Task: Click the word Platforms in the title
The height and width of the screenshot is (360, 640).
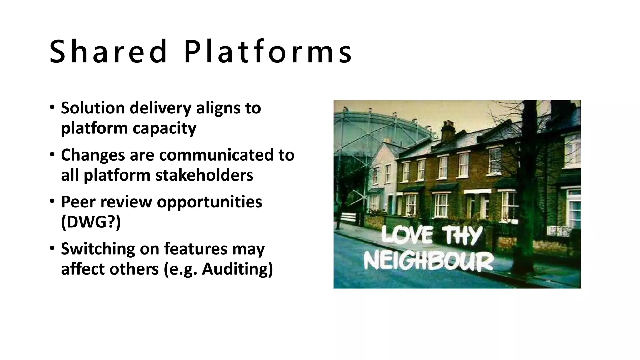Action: (x=268, y=52)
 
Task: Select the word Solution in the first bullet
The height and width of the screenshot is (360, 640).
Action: (x=93, y=108)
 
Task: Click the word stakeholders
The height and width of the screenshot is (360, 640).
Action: (x=204, y=175)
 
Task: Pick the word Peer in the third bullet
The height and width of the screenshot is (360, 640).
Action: (x=78, y=202)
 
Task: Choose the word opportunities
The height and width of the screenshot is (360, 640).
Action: (x=209, y=202)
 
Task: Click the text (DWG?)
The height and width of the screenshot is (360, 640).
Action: (x=91, y=222)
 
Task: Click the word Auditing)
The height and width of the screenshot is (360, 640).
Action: (x=237, y=269)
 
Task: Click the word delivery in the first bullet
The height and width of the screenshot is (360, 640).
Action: (x=160, y=108)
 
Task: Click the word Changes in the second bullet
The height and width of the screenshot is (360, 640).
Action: (x=93, y=155)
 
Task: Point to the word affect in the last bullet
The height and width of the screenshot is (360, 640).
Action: (x=82, y=269)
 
